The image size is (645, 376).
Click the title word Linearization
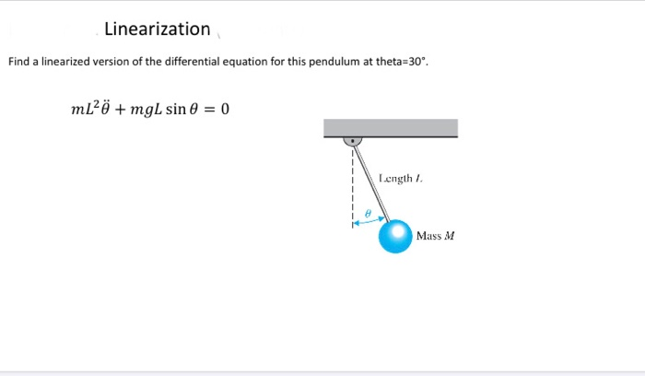(x=158, y=29)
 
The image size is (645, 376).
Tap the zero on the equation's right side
(x=225, y=109)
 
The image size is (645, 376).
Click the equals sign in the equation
(x=209, y=110)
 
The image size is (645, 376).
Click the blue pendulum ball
(x=395, y=236)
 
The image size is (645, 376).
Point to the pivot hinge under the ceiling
(x=352, y=142)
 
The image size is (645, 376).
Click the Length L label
(x=400, y=178)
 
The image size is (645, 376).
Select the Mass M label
(x=436, y=236)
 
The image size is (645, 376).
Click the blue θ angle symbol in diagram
(x=367, y=213)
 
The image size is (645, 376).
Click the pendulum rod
(x=371, y=184)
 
